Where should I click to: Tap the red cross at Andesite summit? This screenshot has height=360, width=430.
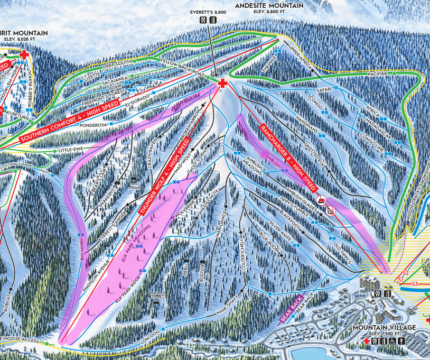(222, 84)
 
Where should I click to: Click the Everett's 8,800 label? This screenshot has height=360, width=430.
(207, 12)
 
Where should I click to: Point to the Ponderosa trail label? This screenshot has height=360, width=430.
(93, 126)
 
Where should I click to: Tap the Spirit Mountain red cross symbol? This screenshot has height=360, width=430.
(24, 54)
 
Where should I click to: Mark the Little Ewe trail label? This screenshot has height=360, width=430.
(71, 151)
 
